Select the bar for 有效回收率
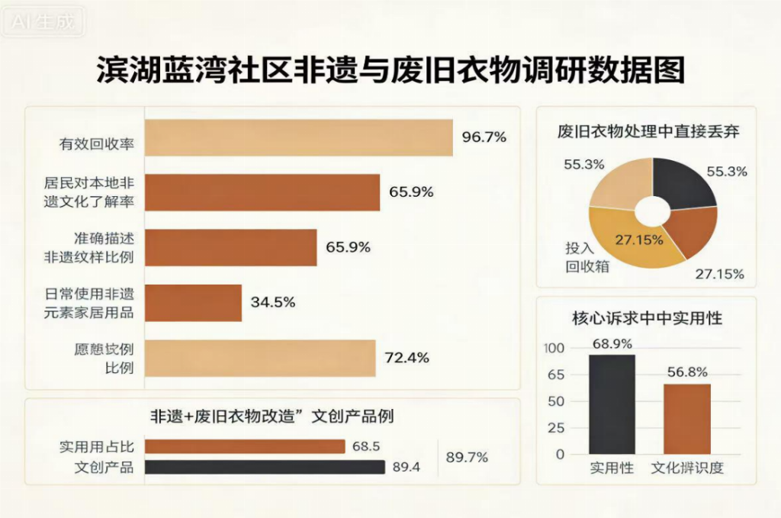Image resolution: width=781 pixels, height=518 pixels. click(298, 138)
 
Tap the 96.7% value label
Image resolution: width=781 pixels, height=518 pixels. click(484, 137)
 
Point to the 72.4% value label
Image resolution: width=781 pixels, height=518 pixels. click(407, 357)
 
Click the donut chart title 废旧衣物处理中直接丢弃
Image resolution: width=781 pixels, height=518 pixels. click(648, 131)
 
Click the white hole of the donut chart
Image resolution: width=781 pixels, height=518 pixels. click(652, 211)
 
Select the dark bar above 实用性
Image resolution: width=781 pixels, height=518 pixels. click(612, 404)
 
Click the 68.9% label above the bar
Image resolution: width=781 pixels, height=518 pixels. click(612, 343)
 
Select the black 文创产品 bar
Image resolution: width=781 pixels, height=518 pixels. click(265, 467)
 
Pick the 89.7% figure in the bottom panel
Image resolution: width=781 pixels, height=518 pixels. click(467, 457)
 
